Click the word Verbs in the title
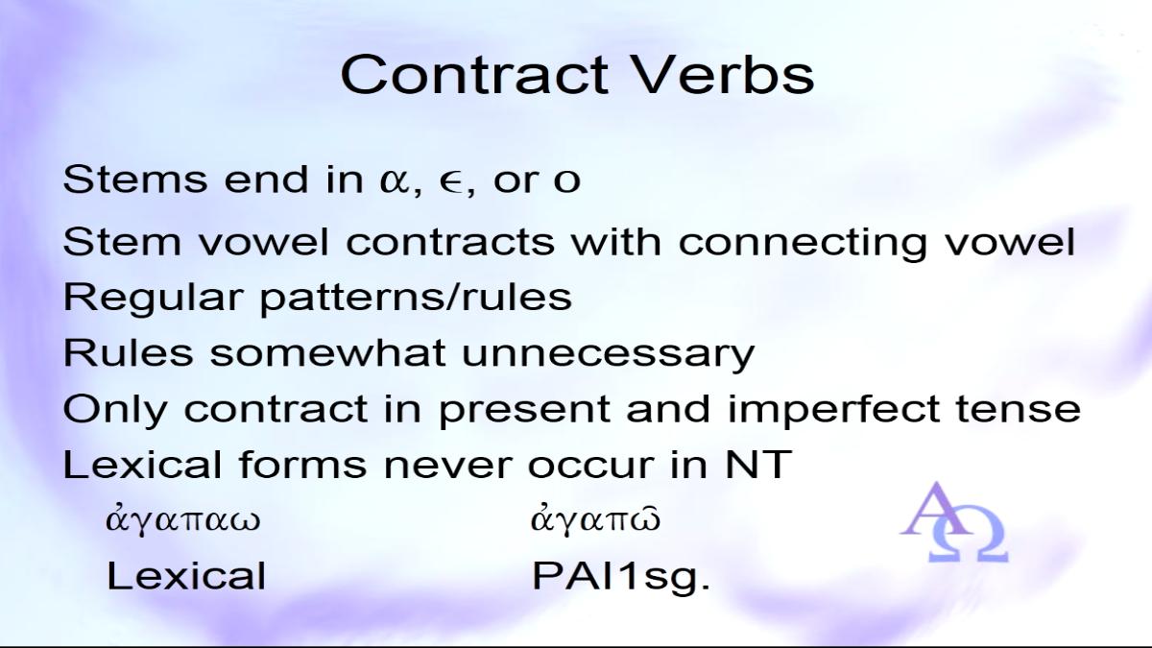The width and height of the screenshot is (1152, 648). (x=724, y=75)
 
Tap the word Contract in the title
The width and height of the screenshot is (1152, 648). (x=474, y=75)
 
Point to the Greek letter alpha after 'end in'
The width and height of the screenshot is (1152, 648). (x=395, y=180)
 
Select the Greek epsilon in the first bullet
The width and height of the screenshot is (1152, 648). (x=451, y=181)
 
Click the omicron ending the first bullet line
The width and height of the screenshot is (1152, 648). (x=566, y=180)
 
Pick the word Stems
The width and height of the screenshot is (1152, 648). (x=134, y=179)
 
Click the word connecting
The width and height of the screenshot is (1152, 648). (x=803, y=242)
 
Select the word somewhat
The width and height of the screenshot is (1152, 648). (x=327, y=353)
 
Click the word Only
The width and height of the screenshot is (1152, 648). (x=115, y=409)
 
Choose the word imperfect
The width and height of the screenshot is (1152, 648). (x=833, y=410)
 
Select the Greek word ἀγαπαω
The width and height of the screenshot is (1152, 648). (x=183, y=520)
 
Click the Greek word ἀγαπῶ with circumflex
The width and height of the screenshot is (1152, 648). (x=595, y=520)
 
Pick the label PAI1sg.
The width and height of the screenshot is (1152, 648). (x=621, y=577)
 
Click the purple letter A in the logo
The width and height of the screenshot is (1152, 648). (x=935, y=509)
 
